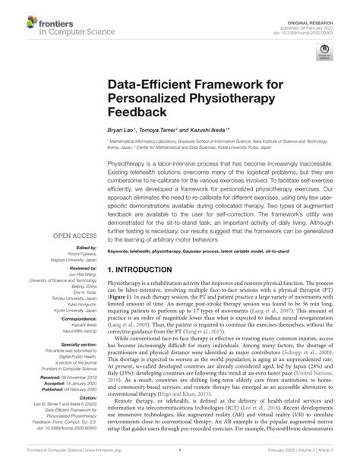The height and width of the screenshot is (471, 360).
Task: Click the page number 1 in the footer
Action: [180, 461]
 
